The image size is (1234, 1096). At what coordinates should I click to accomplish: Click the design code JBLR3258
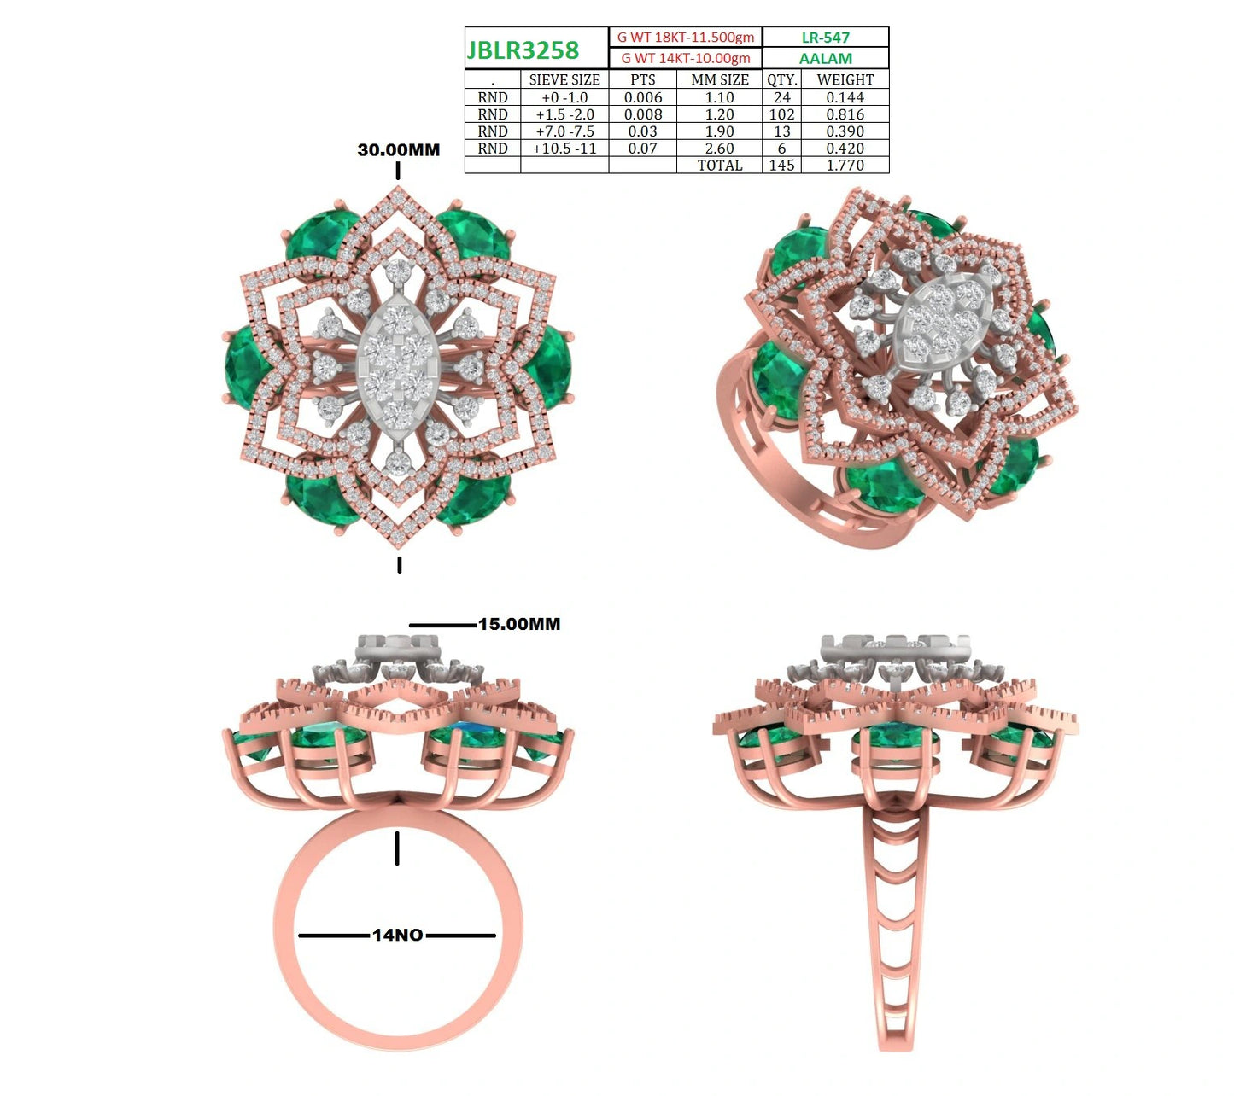[523, 50]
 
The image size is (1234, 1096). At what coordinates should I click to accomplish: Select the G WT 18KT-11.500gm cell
[685, 38]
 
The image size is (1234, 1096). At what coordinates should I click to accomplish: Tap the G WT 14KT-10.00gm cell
[685, 58]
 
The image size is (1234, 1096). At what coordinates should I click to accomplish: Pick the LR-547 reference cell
[825, 38]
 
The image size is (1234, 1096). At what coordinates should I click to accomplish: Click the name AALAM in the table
[825, 58]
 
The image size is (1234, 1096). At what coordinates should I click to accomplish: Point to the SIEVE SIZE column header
[564, 79]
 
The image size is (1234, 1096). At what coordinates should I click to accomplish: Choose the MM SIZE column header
[719, 79]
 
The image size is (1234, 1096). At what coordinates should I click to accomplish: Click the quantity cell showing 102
[781, 114]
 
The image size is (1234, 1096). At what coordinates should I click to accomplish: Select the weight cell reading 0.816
[845, 114]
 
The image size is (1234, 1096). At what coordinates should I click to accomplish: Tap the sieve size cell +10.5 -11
[564, 149]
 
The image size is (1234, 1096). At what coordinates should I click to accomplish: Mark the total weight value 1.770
[845, 166]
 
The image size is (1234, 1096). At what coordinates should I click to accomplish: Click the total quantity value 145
[781, 166]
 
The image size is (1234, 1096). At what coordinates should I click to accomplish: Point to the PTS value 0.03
[642, 131]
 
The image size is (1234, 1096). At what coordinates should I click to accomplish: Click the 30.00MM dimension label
[398, 149]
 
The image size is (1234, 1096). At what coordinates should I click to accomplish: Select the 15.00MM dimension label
[519, 624]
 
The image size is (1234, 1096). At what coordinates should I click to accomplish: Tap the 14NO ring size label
[398, 935]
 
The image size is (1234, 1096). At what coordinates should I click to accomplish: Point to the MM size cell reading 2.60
[719, 149]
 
